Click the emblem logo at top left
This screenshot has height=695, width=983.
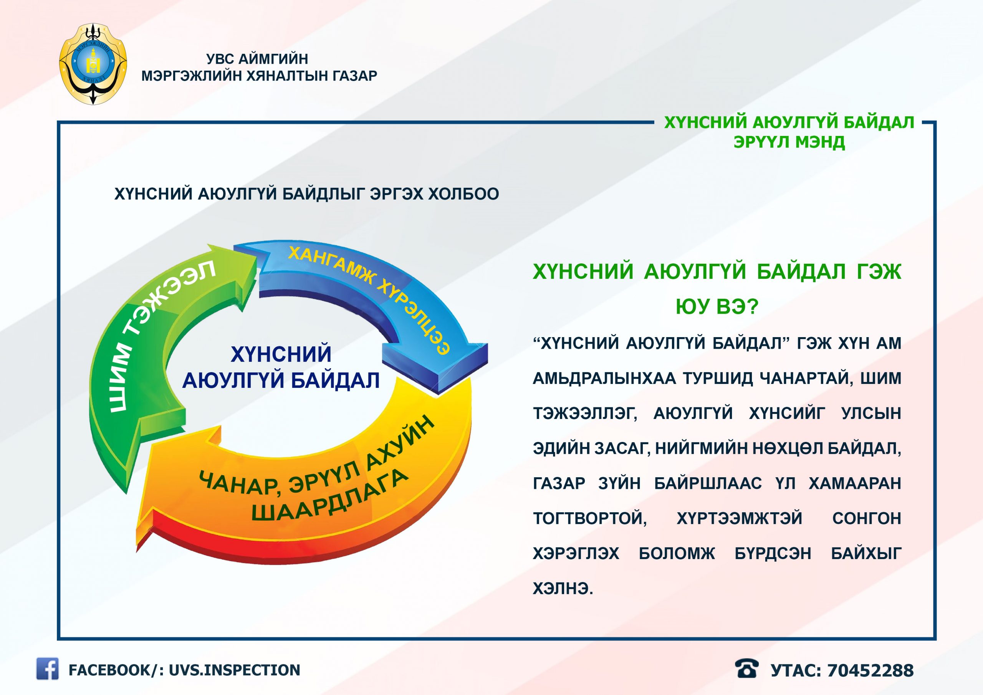pos(93,64)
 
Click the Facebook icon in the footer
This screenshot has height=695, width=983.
pos(47,669)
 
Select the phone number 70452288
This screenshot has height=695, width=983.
pos(870,670)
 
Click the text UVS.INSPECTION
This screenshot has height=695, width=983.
pos(234,670)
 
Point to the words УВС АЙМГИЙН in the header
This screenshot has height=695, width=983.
pos(257,59)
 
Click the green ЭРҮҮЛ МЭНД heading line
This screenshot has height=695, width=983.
pos(789,142)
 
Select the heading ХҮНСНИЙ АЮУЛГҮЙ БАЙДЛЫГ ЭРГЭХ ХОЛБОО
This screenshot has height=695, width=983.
pos(306,194)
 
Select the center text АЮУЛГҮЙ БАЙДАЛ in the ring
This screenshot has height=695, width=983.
pos(281,380)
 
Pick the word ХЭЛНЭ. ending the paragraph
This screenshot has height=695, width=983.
pos(563,589)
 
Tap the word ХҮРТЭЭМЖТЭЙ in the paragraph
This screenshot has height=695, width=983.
pos(740,518)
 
